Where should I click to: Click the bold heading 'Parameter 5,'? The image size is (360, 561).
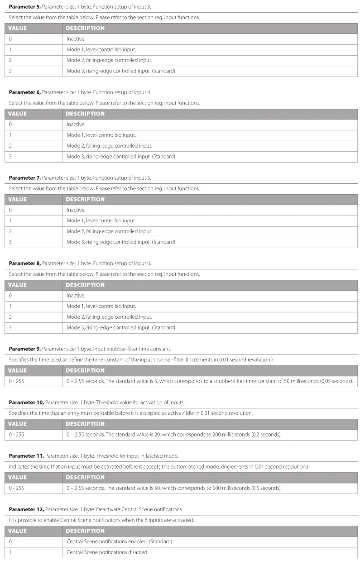pyautogui.click(x=24, y=6)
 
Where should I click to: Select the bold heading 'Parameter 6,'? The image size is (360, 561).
pyautogui.click(x=24, y=92)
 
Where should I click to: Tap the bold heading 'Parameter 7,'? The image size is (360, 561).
pyautogui.click(x=24, y=177)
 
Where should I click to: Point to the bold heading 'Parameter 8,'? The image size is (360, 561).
pyautogui.click(x=24, y=263)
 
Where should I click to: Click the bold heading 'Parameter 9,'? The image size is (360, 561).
pyautogui.click(x=24, y=349)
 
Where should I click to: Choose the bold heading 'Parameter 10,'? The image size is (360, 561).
pyautogui.click(x=26, y=402)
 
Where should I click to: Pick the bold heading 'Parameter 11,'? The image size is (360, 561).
pyautogui.click(x=26, y=456)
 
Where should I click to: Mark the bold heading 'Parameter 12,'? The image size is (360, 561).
pyautogui.click(x=26, y=509)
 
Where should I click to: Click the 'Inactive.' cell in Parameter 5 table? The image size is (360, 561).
pyautogui.click(x=76, y=39)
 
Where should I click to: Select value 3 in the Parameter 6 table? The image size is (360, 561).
pyautogui.click(x=10, y=157)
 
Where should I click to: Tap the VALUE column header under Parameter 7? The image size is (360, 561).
pyautogui.click(x=18, y=199)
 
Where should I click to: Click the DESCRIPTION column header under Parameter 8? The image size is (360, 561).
pyautogui.click(x=85, y=285)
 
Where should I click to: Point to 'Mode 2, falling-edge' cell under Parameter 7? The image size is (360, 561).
pyautogui.click(x=109, y=231)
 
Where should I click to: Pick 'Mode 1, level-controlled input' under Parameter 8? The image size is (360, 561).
pyautogui.click(x=101, y=306)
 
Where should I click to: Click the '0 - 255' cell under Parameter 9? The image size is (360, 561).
pyautogui.click(x=16, y=381)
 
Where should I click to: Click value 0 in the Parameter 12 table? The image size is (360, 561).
pyautogui.click(x=10, y=542)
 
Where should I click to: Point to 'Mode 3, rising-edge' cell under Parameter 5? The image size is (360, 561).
pyautogui.click(x=120, y=71)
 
